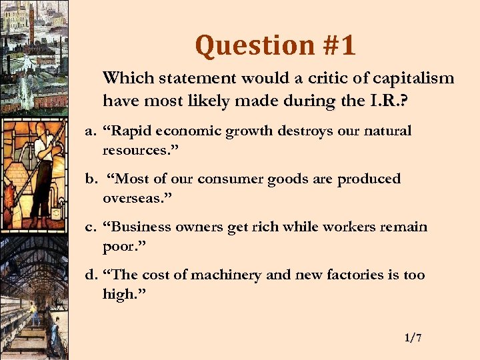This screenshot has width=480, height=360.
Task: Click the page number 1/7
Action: pyautogui.click(x=413, y=338)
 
